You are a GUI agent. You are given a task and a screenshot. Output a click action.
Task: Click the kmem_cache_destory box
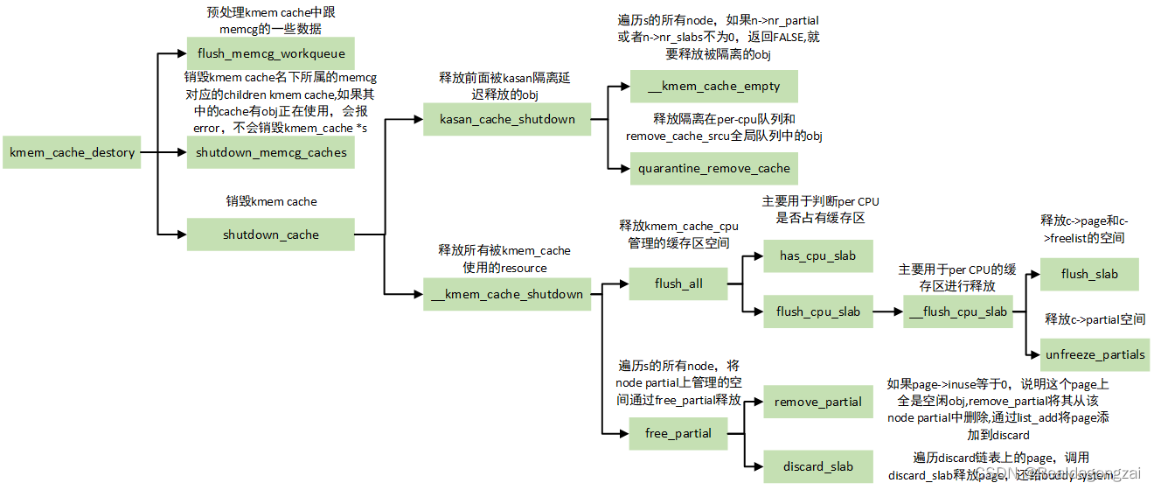72,152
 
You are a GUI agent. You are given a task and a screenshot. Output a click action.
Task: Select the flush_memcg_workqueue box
271,53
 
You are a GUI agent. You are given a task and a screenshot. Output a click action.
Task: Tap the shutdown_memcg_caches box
271,152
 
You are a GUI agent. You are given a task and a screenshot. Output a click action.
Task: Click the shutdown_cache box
271,234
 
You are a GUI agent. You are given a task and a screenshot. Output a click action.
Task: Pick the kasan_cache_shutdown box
507,119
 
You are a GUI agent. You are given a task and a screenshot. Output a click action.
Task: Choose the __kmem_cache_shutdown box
507,294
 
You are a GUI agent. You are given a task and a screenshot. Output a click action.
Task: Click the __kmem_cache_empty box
714,87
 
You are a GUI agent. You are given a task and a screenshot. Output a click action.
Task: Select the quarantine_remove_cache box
714,168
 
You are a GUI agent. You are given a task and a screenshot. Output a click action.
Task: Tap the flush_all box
678,283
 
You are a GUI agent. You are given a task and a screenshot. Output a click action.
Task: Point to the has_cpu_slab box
817,255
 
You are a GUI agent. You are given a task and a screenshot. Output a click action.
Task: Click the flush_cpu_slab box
817,311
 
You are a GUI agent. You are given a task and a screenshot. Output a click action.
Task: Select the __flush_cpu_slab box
958,311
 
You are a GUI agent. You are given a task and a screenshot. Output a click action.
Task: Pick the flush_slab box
1089,274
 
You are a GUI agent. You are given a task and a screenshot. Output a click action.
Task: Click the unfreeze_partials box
1095,354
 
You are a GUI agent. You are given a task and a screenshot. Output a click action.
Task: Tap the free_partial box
678,433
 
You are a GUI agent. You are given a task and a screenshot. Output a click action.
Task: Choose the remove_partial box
817,402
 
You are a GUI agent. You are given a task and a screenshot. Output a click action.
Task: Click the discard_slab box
817,466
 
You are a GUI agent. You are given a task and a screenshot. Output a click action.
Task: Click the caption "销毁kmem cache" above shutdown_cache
271,201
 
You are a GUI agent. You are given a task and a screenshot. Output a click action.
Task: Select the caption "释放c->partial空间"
1095,319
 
